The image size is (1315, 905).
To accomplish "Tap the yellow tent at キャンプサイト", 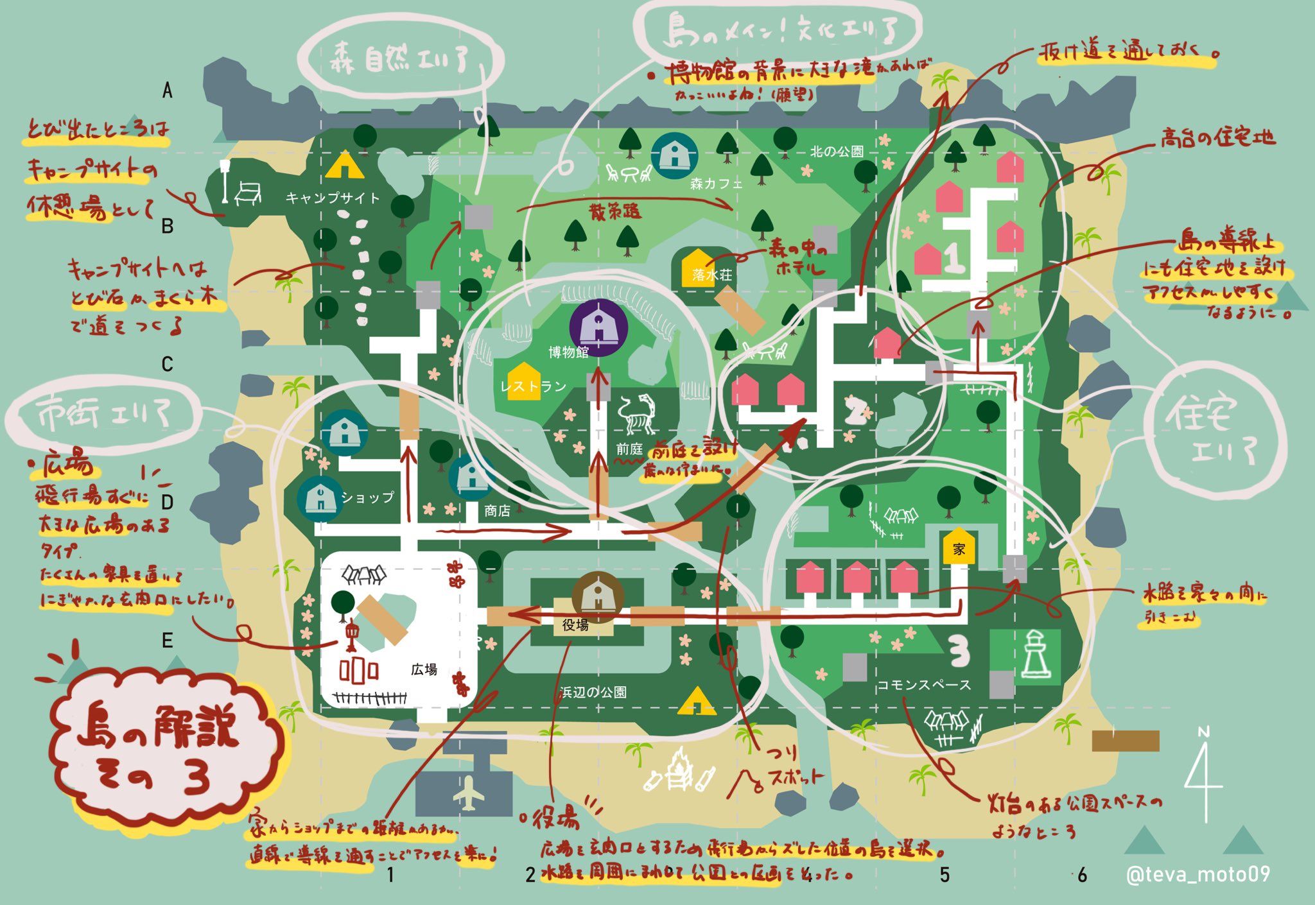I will pos(344,165).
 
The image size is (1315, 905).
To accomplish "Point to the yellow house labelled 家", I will pos(959,547).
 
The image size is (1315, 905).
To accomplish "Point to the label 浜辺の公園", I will pos(593,693).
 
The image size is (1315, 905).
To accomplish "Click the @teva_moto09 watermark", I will pos(1197,874).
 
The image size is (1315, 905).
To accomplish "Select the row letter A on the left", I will pos(168,92).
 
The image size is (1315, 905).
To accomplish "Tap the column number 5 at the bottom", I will pos(944,874).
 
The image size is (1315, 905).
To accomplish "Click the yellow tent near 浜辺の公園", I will pos(697,701).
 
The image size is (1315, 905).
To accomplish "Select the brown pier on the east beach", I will pos(1125,740).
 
